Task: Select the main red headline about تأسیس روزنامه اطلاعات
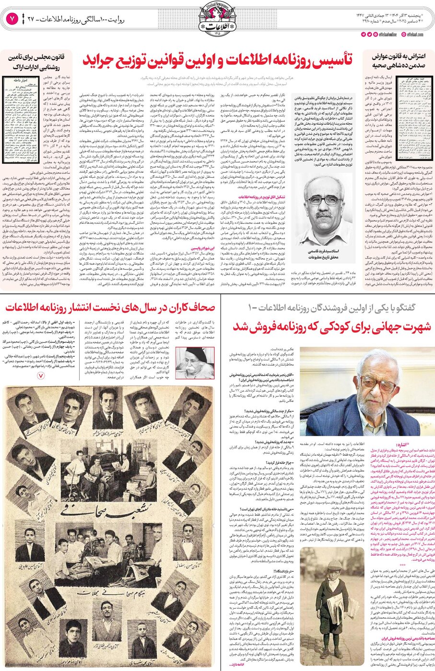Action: click(218, 59)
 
